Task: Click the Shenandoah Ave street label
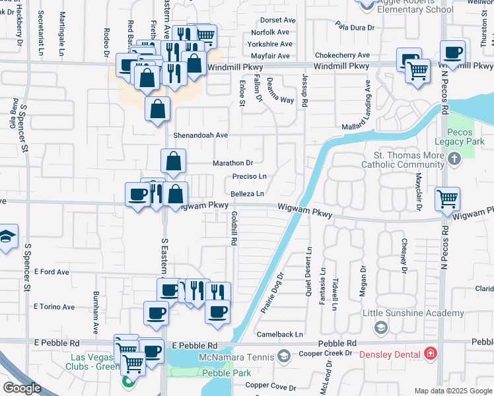tap(200, 135)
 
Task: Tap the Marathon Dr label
tap(232, 163)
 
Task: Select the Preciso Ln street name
tap(249, 177)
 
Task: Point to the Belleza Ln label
tap(248, 194)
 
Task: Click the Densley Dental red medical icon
tap(431, 354)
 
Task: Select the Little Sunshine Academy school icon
tap(380, 327)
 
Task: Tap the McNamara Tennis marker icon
tap(285, 356)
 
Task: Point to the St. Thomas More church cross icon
tap(454, 159)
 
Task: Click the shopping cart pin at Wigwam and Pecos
tap(448, 197)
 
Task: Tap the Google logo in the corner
tap(22, 388)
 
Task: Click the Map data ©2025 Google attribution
tap(453, 391)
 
